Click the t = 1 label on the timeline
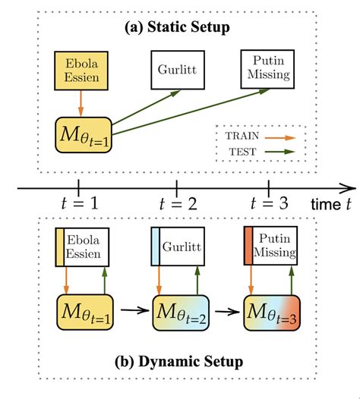[79, 204]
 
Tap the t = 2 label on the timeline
[176, 204]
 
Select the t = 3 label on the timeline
[268, 204]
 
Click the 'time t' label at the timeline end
[332, 205]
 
